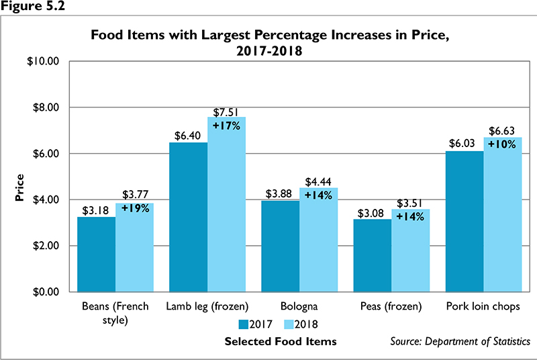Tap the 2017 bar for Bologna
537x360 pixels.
tap(280, 246)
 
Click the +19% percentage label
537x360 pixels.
tap(135, 208)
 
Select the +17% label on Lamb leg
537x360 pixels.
tap(227, 125)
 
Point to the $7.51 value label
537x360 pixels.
tap(227, 111)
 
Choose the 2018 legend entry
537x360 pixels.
tap(295, 324)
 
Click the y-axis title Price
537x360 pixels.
tap(21, 189)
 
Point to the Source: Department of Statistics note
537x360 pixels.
tap(460, 342)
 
